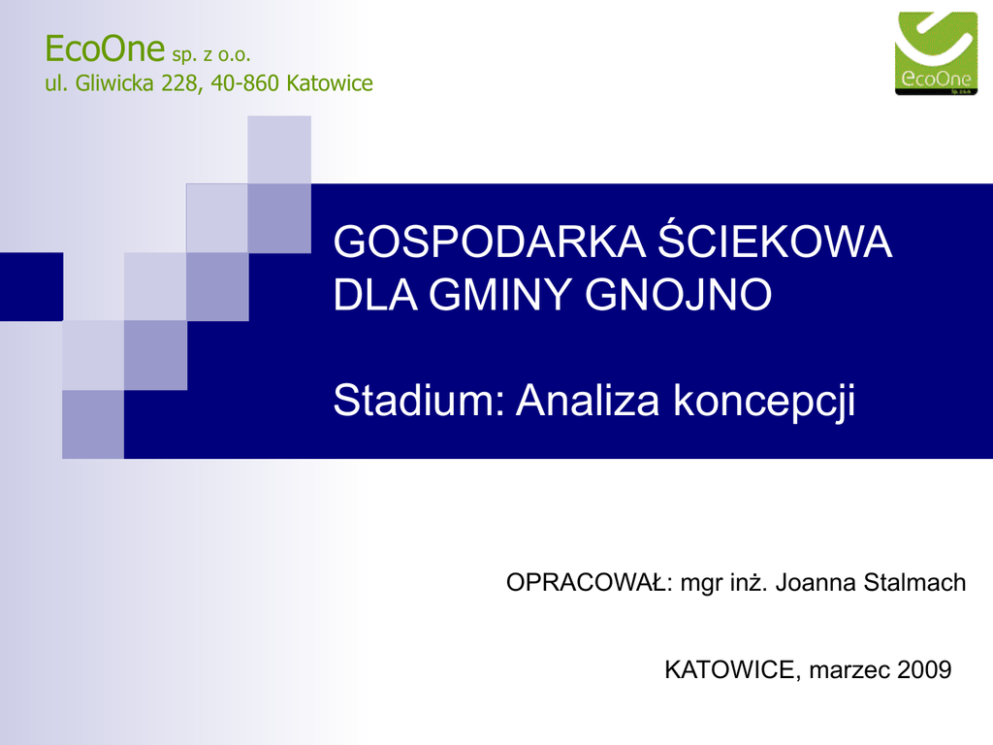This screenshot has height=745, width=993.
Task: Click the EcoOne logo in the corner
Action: [936, 53]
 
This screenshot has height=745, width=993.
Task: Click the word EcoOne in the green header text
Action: [105, 49]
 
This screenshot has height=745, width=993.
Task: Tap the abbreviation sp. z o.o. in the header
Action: [211, 54]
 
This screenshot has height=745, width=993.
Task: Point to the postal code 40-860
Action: [244, 83]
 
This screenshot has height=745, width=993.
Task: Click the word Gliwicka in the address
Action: [114, 83]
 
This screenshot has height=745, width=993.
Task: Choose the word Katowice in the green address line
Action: [330, 83]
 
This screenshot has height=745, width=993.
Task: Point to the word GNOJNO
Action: [678, 295]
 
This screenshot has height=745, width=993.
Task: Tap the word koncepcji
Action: [764, 403]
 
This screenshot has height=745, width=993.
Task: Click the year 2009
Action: [924, 669]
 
